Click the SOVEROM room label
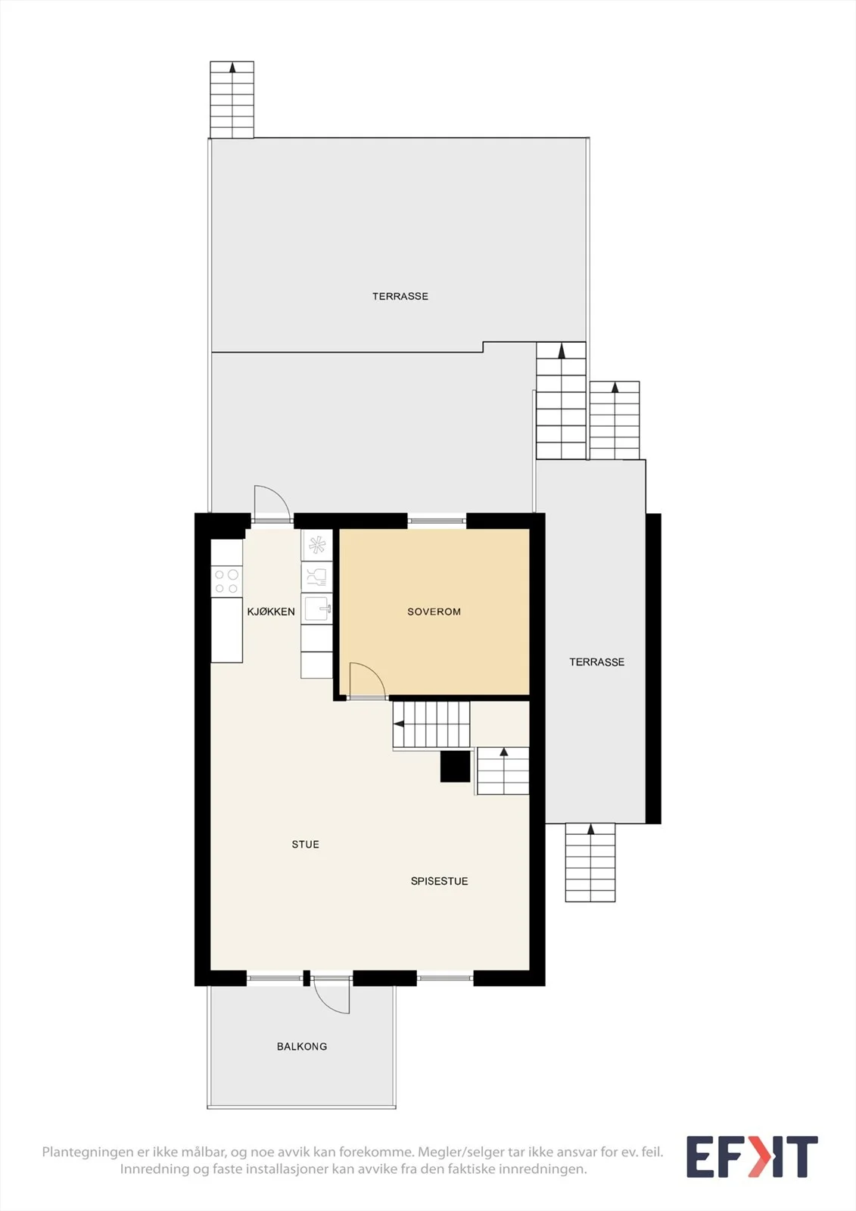point(434,612)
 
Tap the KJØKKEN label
point(271,612)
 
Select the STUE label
point(306,844)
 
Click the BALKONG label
point(302,1046)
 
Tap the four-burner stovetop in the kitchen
point(226,581)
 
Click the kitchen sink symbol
point(317,609)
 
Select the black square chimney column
point(456,767)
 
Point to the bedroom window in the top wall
point(437,521)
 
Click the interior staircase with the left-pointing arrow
point(431,724)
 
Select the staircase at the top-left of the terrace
point(232,99)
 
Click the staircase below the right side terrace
point(590,862)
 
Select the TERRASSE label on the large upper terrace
point(400,296)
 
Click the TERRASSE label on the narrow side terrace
point(597,662)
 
